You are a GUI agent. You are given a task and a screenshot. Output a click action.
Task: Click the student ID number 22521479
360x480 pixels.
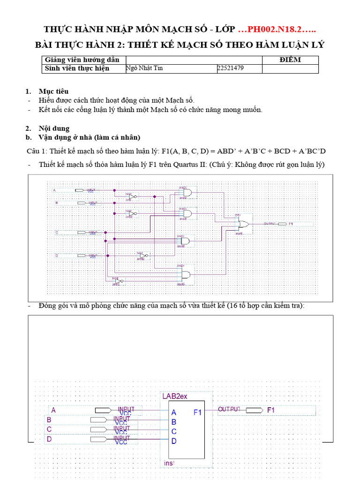231,68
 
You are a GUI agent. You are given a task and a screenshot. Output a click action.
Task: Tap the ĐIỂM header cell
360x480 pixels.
290,60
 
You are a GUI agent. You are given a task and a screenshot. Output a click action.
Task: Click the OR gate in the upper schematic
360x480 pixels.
244,224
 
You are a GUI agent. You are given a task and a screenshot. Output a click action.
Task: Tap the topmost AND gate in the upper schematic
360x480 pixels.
187,193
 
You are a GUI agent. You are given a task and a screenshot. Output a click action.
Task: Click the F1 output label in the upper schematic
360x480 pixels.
291,224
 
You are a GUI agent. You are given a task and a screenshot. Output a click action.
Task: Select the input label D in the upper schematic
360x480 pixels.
56,255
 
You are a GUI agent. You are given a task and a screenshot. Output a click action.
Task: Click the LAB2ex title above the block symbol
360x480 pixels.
174,396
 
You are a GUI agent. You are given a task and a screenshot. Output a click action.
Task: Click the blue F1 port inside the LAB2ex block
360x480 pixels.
197,412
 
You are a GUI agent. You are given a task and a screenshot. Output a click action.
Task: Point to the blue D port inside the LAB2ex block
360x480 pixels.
174,441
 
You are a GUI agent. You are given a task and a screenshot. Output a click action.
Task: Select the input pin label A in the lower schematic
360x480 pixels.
53,410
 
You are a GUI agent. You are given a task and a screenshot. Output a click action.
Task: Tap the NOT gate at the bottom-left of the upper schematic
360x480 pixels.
120,280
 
